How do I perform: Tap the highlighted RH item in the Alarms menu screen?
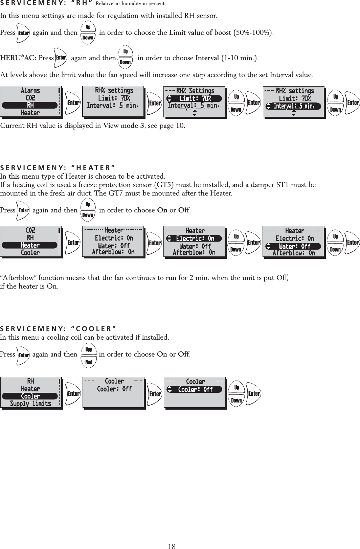(30, 105)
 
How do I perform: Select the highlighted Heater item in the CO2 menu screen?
(30, 245)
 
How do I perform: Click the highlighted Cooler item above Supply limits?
(30, 396)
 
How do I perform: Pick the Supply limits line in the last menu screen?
(30, 404)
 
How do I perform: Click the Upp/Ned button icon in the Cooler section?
(89, 356)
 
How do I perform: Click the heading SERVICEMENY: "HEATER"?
(58, 168)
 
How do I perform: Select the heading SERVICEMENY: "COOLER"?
(58, 329)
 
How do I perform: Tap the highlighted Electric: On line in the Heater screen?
(195, 238)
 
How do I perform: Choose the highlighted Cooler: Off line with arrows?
(195, 389)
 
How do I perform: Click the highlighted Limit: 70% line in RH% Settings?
(195, 98)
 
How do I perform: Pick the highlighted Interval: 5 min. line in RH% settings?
(294, 106)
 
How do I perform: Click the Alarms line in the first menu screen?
(30, 90)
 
